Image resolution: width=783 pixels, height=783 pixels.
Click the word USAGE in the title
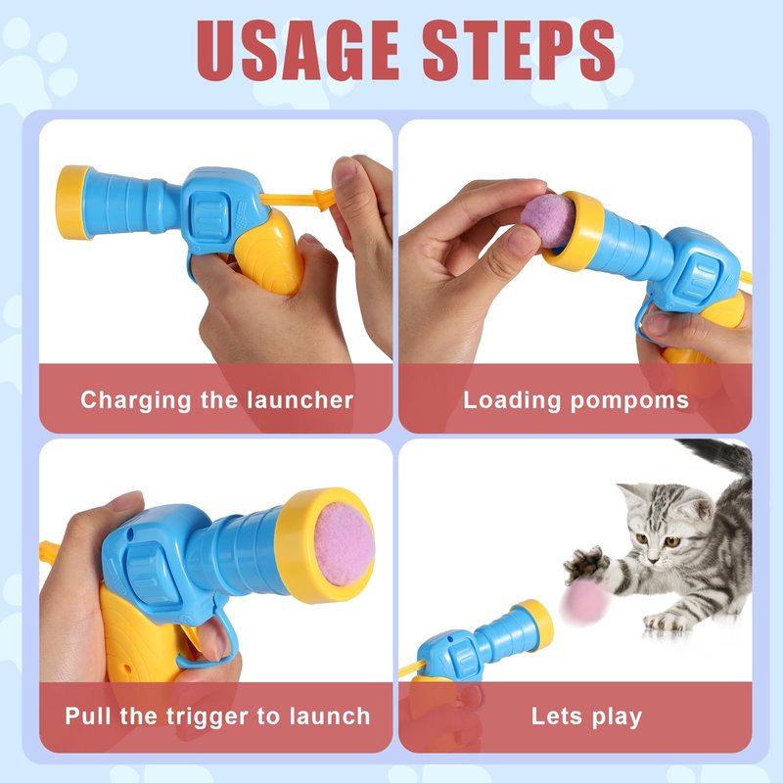pyautogui.click(x=298, y=51)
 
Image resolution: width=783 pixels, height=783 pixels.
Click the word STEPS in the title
pyautogui.click(x=520, y=51)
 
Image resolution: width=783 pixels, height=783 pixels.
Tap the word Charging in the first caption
pyautogui.click(x=135, y=401)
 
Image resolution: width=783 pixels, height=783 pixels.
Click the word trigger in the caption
pyautogui.click(x=207, y=717)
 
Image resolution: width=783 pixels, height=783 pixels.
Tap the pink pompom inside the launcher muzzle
pyautogui.click(x=345, y=544)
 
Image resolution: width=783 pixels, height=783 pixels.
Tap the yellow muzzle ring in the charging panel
pyautogui.click(x=72, y=202)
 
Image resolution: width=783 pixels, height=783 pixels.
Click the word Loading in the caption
pyautogui.click(x=512, y=401)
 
